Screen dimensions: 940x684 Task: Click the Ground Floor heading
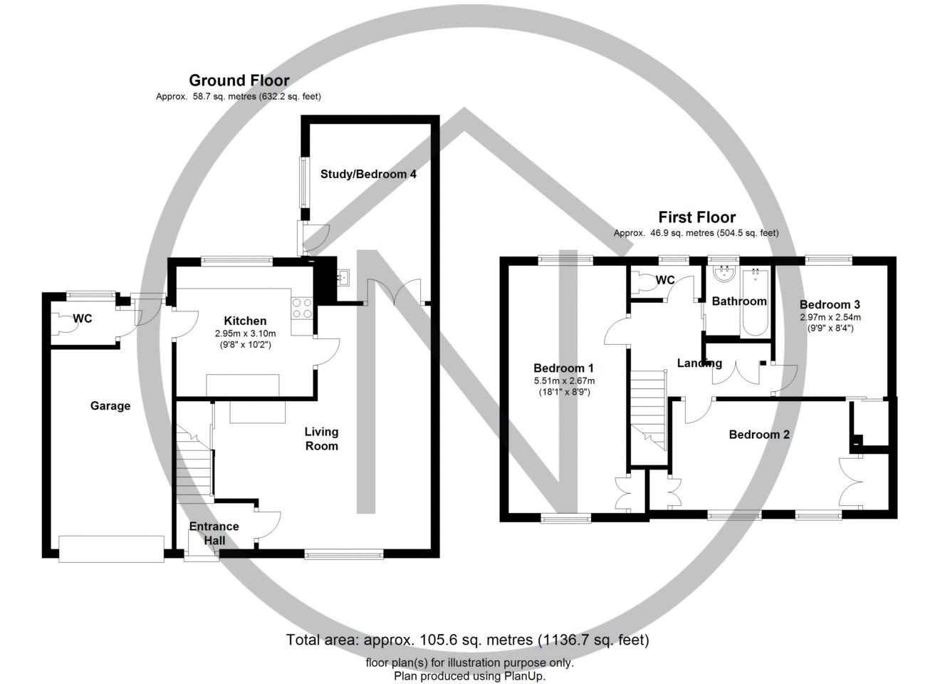click(x=239, y=81)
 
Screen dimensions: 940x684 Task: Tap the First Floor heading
click(x=696, y=217)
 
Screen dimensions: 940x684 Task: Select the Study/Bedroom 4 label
click(x=368, y=174)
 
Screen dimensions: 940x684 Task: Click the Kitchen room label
click(x=245, y=321)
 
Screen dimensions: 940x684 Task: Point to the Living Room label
click(x=321, y=439)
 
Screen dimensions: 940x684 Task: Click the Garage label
click(x=110, y=406)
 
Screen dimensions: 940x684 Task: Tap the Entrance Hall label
click(x=214, y=534)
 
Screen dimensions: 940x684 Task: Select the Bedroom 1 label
click(x=563, y=368)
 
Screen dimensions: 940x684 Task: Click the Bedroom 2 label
click(x=759, y=435)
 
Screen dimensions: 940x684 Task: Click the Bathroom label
click(x=739, y=301)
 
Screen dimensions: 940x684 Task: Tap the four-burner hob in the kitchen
click(x=303, y=308)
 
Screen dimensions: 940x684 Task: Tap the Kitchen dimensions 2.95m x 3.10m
click(x=245, y=333)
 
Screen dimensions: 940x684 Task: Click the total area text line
click(x=467, y=640)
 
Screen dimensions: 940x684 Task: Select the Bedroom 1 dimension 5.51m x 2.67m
click(x=564, y=380)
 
